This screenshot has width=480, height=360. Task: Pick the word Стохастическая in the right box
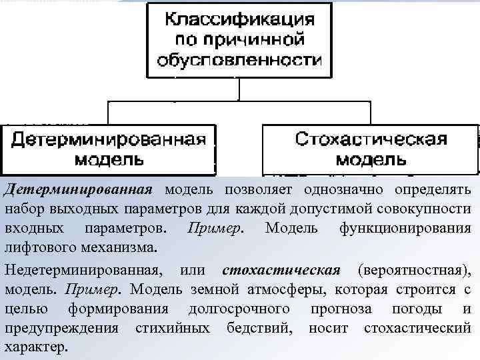(371, 139)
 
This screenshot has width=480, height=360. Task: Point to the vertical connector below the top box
(239, 90)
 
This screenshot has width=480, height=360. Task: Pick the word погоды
(415, 309)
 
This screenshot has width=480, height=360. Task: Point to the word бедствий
(265, 328)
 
